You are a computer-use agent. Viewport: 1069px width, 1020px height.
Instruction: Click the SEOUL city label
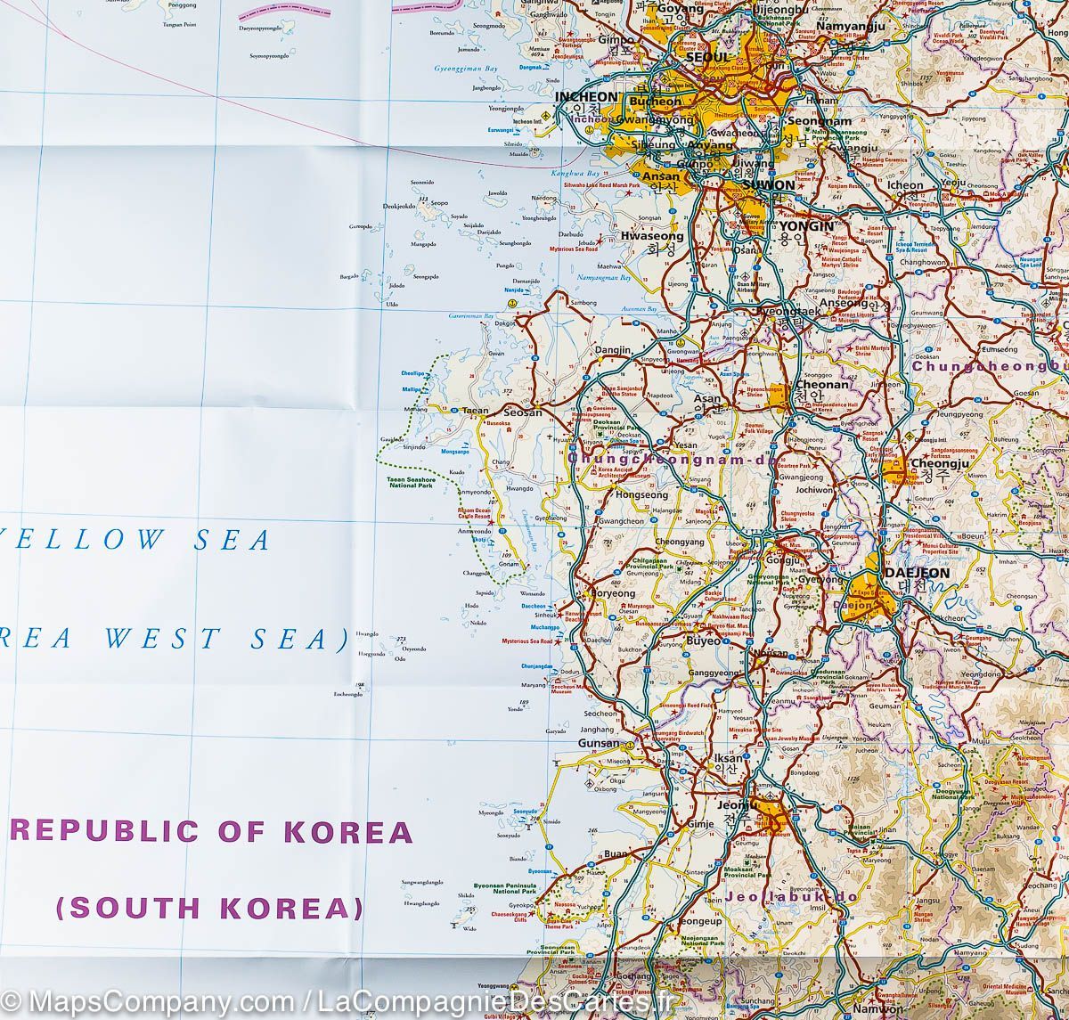(x=707, y=57)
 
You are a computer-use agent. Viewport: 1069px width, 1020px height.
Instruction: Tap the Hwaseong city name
(x=652, y=237)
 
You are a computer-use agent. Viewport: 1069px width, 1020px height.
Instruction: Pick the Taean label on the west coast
(x=475, y=412)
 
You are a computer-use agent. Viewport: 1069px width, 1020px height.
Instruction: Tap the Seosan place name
(x=523, y=412)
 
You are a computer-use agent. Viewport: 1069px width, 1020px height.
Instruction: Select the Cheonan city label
(x=820, y=385)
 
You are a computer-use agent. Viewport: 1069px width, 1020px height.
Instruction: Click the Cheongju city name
(x=934, y=463)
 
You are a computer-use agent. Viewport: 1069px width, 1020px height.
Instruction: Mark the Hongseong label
(x=641, y=495)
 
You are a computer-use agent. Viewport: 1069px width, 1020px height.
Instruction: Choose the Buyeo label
(x=705, y=641)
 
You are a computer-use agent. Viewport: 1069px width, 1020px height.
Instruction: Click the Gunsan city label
(x=598, y=743)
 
